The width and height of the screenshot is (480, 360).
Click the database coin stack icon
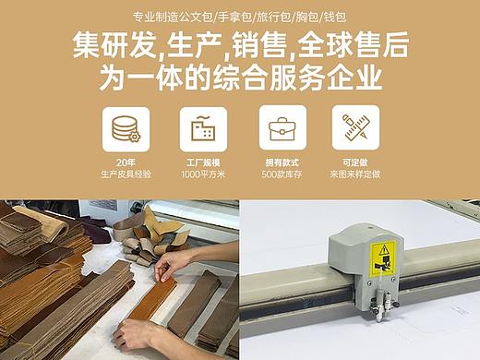(x=126, y=129)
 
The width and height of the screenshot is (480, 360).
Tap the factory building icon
(x=203, y=128)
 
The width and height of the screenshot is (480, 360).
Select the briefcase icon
(x=282, y=129)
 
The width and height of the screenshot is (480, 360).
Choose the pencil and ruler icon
(x=355, y=127)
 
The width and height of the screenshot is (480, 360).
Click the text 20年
(x=126, y=162)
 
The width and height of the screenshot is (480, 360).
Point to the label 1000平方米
(x=203, y=174)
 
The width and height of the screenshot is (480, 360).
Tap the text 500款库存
(x=282, y=174)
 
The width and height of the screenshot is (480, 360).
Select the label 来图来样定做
(x=355, y=174)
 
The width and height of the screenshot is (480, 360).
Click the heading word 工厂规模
(x=203, y=162)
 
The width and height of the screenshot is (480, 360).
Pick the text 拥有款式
(x=282, y=162)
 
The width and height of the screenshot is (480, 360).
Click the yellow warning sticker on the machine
(x=382, y=258)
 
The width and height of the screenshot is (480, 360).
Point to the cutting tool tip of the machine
(x=378, y=320)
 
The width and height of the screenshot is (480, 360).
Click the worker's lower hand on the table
(x=136, y=334)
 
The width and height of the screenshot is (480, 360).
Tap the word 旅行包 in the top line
(x=273, y=17)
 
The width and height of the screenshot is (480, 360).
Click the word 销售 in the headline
(x=259, y=45)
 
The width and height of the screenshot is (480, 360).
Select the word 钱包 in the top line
(x=335, y=17)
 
